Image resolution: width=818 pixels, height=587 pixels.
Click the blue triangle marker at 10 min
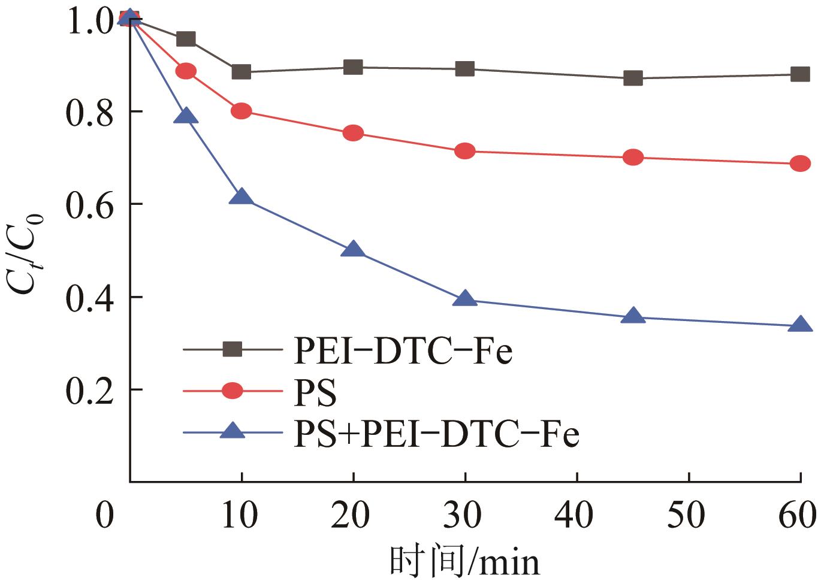coord(242,197)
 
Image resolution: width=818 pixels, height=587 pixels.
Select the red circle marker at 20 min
coord(353,133)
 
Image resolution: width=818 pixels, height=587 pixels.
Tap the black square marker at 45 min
coord(633,78)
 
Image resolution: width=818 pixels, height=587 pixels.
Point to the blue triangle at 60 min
coord(800,325)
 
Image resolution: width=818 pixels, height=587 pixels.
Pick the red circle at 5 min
coord(186,71)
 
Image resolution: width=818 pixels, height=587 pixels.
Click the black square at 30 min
coord(465,69)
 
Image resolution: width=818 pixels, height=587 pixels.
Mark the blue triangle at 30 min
coord(465,299)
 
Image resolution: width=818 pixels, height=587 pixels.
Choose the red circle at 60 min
coord(800,164)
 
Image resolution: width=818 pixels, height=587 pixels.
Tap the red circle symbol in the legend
coord(233,391)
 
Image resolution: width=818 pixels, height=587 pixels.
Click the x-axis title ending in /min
coord(464,562)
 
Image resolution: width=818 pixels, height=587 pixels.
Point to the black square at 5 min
coord(186,39)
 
